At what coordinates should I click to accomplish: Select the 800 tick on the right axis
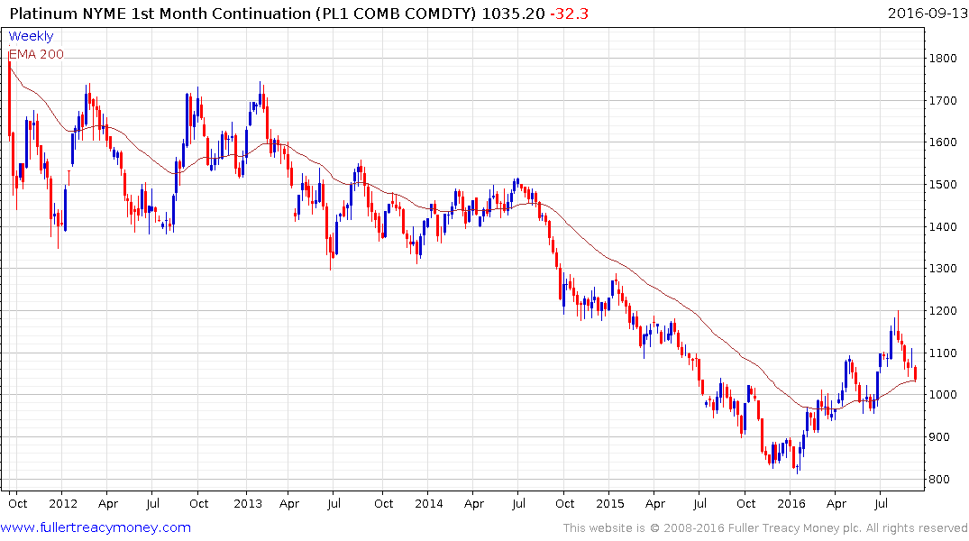941,480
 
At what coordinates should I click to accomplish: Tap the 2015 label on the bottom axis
609,503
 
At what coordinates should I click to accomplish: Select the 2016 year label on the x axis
791,503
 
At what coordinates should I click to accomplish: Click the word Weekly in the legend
31,37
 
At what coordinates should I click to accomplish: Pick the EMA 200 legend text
36,54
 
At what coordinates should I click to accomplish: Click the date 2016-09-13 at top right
925,14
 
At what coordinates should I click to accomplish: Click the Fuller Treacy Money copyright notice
765,528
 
